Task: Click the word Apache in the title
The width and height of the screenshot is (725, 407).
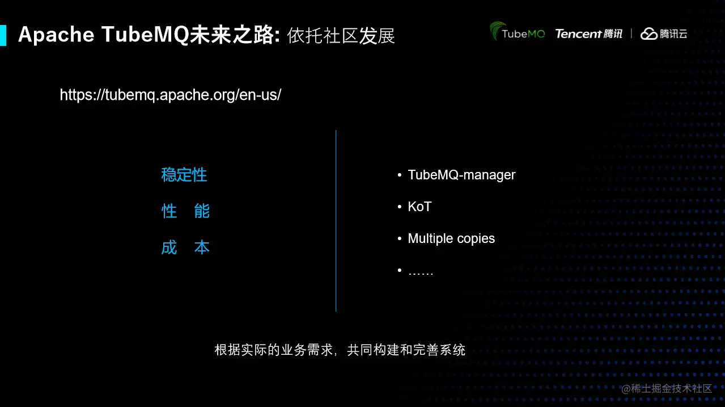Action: (x=56, y=35)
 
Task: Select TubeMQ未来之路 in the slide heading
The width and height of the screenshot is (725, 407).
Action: (x=190, y=35)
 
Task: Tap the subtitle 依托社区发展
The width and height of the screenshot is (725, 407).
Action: (x=341, y=36)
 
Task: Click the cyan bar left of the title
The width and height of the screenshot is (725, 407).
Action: (x=3, y=35)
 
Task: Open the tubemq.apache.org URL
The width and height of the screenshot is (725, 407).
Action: (x=171, y=95)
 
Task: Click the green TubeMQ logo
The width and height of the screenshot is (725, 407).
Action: (x=517, y=31)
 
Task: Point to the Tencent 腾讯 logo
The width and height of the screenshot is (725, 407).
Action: (x=589, y=33)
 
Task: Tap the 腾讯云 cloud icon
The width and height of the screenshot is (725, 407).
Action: (x=649, y=33)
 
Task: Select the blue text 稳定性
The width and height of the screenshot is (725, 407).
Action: (x=184, y=175)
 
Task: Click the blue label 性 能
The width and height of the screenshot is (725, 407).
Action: (x=185, y=211)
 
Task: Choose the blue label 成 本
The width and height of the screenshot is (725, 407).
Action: (x=185, y=247)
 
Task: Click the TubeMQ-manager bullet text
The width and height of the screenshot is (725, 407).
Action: (x=461, y=175)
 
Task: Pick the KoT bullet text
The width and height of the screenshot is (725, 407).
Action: (x=420, y=207)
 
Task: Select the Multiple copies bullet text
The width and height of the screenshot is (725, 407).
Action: (x=451, y=238)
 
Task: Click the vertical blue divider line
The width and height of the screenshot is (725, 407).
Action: (x=336, y=221)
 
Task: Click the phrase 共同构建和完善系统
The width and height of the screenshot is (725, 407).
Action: (x=406, y=350)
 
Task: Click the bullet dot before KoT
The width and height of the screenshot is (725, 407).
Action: (x=400, y=207)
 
